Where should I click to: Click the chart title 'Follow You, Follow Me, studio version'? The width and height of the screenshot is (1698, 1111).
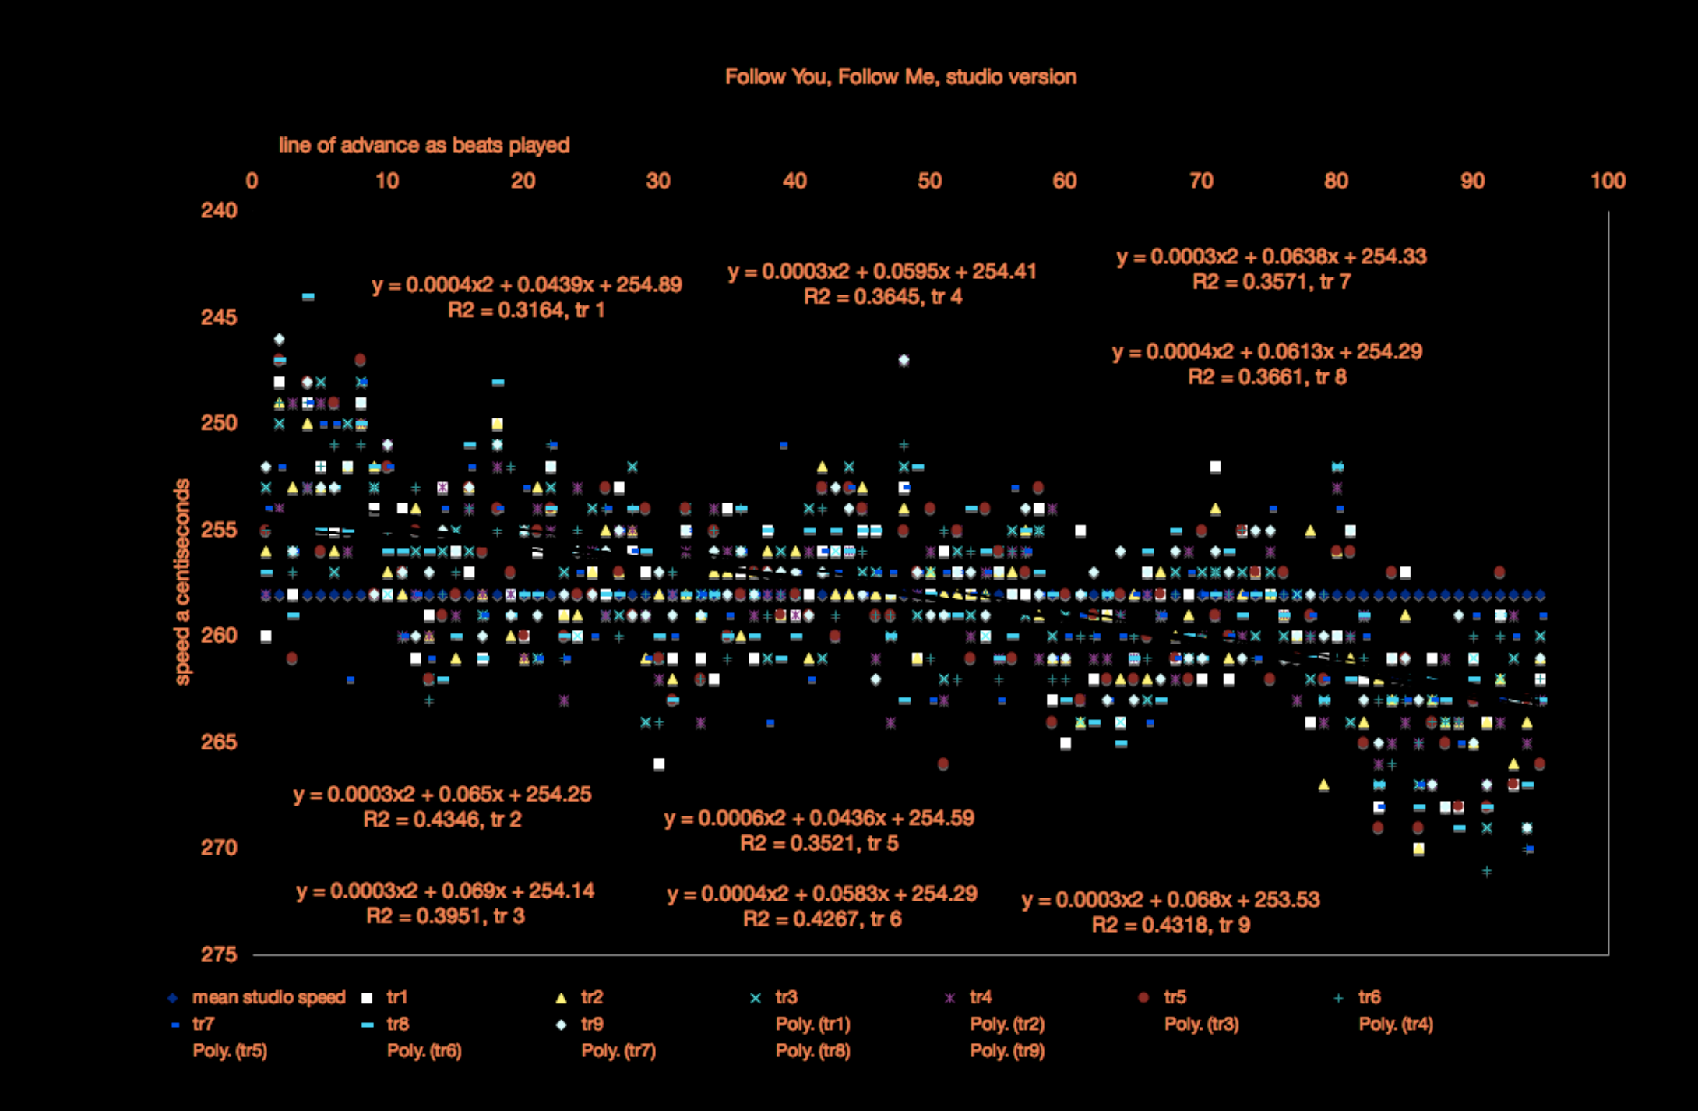(900, 77)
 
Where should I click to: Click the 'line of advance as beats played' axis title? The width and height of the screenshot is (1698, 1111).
(424, 146)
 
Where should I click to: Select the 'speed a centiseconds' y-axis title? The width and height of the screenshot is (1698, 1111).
(182, 581)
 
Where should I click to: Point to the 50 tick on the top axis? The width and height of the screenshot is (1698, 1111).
(929, 181)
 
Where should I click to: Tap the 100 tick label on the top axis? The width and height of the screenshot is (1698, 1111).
(1608, 181)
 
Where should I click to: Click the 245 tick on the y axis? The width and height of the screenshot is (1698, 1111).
(219, 317)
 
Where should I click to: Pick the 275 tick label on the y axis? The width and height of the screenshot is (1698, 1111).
(219, 954)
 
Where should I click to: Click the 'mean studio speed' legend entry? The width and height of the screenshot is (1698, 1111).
(268, 997)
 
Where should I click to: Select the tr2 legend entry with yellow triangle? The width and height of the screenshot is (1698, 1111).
(591, 997)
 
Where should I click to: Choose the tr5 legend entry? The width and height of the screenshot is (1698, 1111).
(1175, 997)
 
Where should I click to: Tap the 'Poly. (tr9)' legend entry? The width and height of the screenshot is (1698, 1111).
(1007, 1051)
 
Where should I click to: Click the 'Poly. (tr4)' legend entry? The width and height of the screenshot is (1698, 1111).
(1396, 1024)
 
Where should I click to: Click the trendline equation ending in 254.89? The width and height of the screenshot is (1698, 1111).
(527, 284)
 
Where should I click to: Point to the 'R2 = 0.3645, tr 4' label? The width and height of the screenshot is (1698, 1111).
(882, 297)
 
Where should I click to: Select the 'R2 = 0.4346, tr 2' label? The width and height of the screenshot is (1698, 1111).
(442, 820)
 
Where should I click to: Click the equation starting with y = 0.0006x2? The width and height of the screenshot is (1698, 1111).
(819, 818)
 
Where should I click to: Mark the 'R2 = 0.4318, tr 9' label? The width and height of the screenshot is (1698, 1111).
(1171, 925)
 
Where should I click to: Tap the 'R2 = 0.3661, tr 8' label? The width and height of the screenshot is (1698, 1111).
(1267, 377)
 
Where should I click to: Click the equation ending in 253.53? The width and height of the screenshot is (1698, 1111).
(1171, 900)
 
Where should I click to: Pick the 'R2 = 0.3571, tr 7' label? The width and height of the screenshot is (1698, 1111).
(1271, 282)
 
